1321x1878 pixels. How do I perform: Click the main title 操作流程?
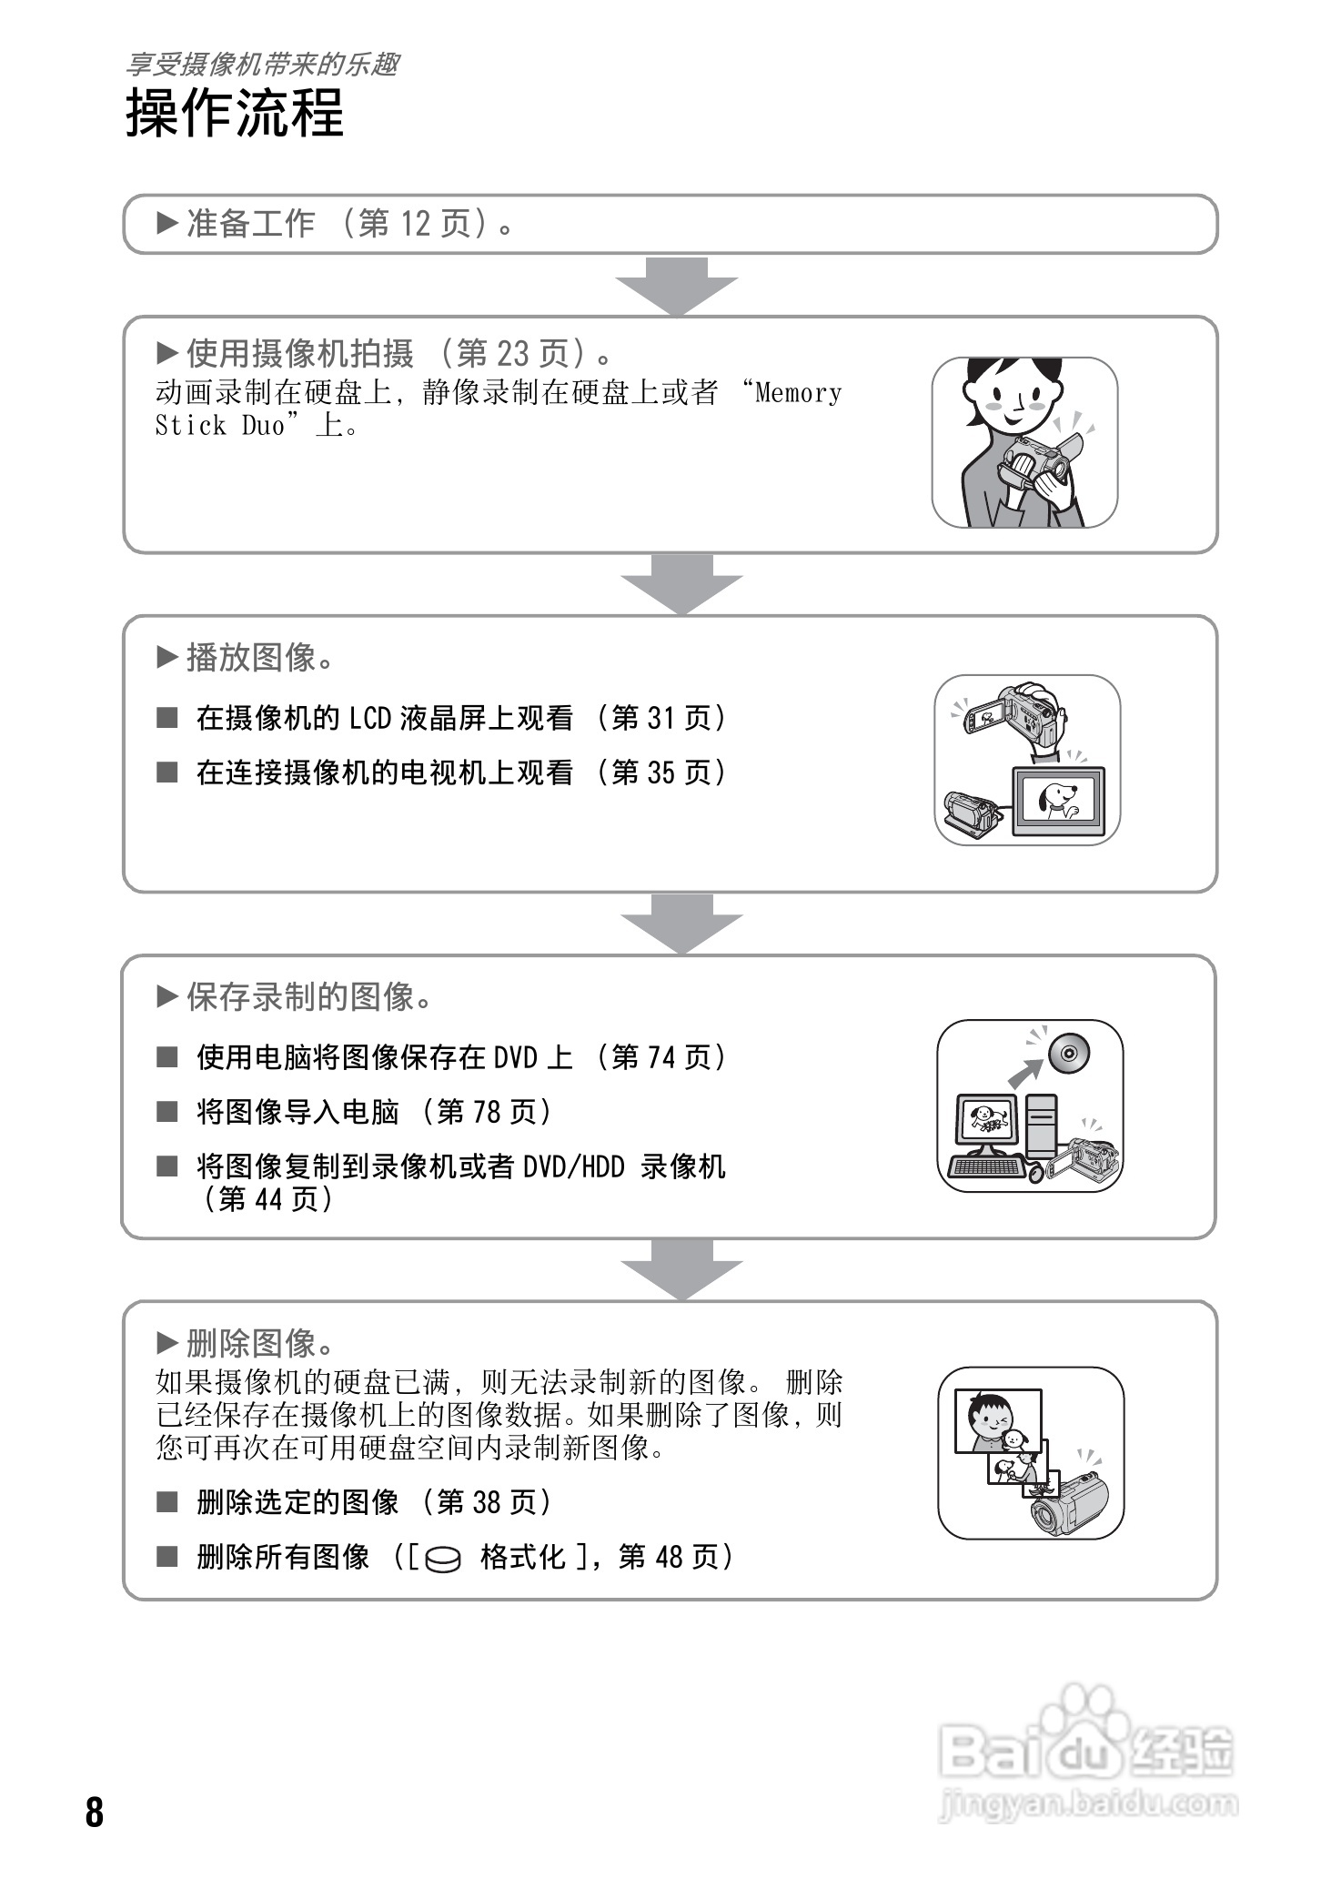click(235, 114)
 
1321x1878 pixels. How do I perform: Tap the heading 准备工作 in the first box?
click(250, 224)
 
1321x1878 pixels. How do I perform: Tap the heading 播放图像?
click(251, 657)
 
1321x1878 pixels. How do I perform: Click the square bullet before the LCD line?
click(167, 719)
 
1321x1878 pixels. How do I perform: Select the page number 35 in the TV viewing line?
click(661, 773)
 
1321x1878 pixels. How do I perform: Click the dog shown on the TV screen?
click(1058, 798)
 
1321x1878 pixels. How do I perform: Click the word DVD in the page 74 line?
click(515, 1057)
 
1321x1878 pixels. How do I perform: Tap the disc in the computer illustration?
click(1069, 1054)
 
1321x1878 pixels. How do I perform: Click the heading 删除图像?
click(251, 1343)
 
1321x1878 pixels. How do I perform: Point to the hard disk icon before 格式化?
click(443, 1559)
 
